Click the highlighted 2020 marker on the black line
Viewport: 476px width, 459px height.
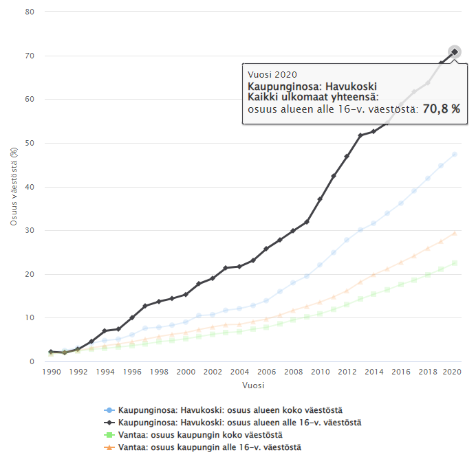coord(455,52)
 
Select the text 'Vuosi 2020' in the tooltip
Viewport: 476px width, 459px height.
coord(273,74)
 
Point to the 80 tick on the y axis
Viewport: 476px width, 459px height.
coord(30,12)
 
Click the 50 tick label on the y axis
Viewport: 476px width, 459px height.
coord(30,143)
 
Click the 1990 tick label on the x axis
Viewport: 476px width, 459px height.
coord(51,371)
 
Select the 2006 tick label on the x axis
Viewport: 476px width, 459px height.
coord(266,371)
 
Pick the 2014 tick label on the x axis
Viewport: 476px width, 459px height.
coord(374,371)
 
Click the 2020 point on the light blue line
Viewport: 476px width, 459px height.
coord(455,154)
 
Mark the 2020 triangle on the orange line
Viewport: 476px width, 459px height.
coord(455,233)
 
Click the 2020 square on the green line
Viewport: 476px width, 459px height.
coord(455,263)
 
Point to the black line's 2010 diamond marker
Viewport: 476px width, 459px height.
coord(320,199)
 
